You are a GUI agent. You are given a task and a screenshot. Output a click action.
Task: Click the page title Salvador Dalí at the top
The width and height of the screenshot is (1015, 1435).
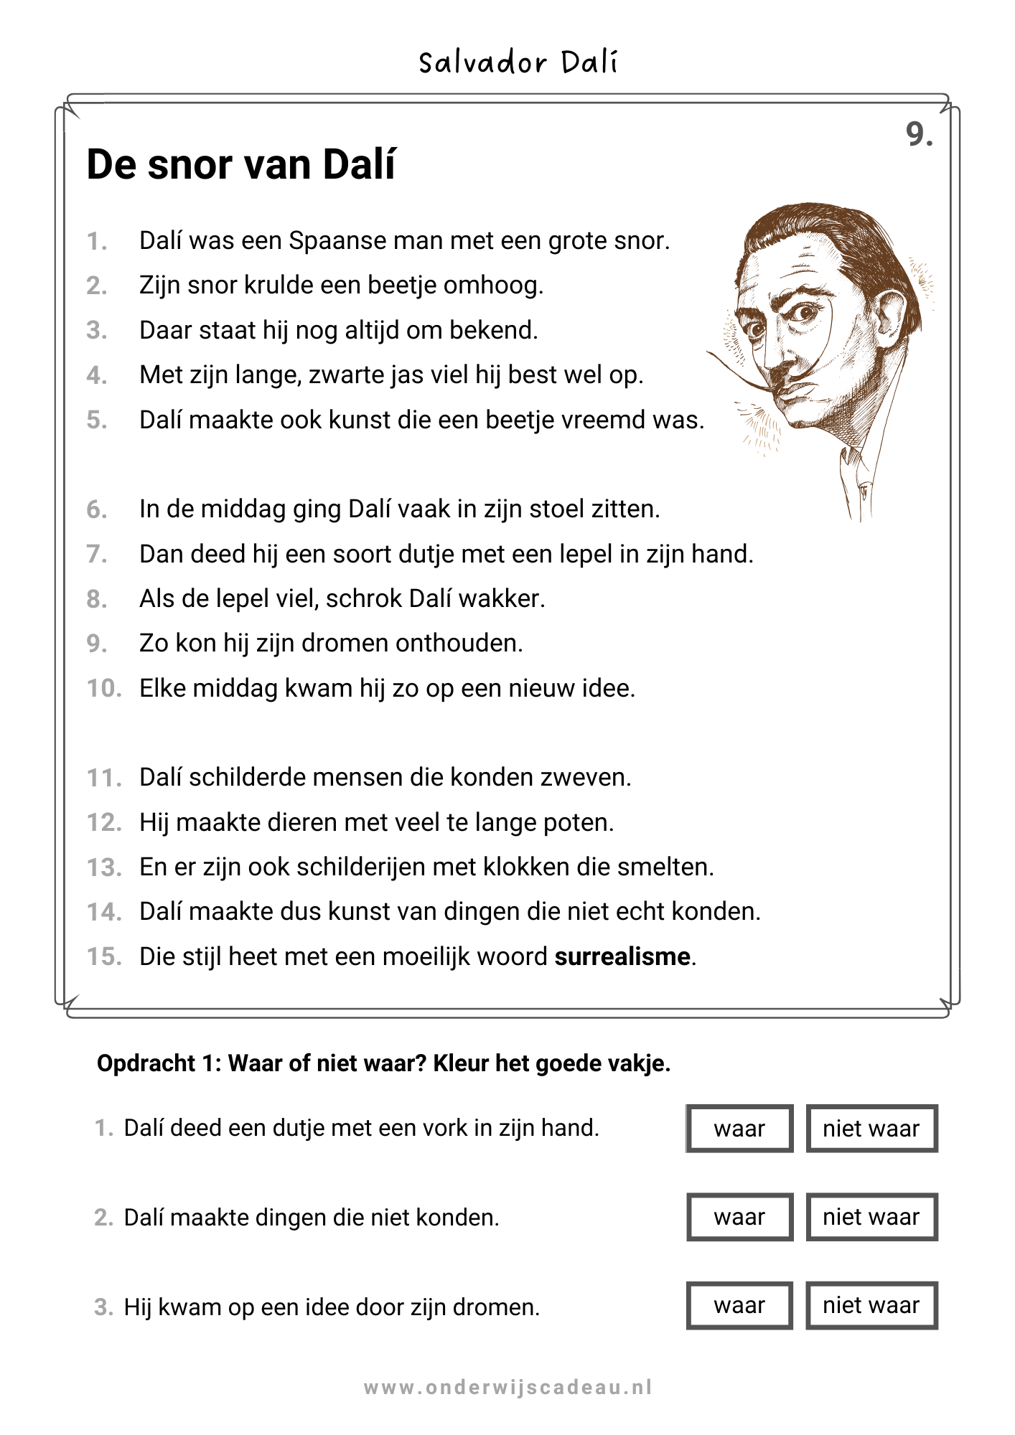pyautogui.click(x=518, y=62)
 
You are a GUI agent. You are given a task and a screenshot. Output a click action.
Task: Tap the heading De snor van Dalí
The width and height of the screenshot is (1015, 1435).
pyautogui.click(x=240, y=164)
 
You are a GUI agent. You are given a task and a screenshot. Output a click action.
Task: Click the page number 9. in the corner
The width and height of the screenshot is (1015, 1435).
pyautogui.click(x=919, y=134)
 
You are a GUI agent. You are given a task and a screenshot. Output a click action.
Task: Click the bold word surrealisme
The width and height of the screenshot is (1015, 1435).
pyautogui.click(x=622, y=956)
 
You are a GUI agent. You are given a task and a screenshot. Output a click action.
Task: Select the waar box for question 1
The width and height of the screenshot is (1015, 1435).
pyautogui.click(x=739, y=1129)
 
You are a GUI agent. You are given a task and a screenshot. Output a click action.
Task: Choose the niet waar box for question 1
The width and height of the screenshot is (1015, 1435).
pyautogui.click(x=871, y=1129)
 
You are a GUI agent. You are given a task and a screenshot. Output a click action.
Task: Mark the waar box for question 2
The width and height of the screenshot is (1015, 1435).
pyautogui.click(x=739, y=1217)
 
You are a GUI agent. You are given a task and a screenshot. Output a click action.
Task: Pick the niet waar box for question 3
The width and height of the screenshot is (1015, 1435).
pyautogui.click(x=871, y=1305)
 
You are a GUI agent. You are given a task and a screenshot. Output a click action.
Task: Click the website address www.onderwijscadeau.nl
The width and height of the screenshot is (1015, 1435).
pyautogui.click(x=507, y=1387)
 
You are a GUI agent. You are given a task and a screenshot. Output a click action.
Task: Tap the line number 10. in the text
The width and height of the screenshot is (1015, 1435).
pyautogui.click(x=104, y=688)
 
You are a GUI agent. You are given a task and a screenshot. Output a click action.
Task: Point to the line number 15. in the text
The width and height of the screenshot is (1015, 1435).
pyautogui.click(x=104, y=956)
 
